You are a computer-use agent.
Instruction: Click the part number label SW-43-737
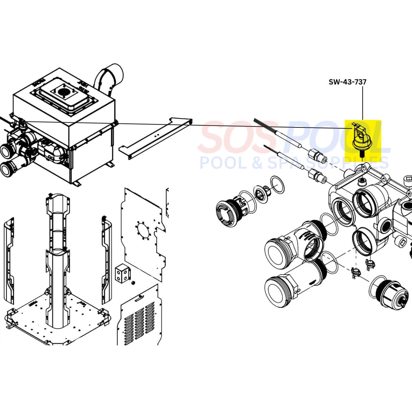(348, 81)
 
